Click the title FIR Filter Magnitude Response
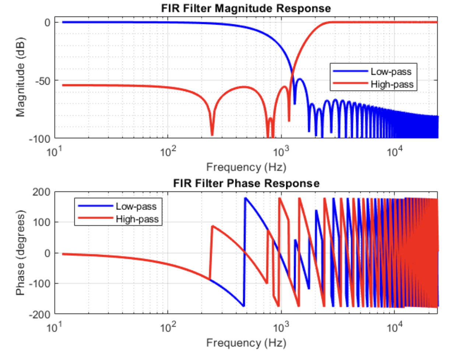pyautogui.click(x=246, y=8)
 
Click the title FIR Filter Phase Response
pyautogui.click(x=246, y=183)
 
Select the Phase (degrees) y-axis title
pyautogui.click(x=21, y=253)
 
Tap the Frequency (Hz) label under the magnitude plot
pyautogui.click(x=246, y=167)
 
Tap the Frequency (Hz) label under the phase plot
pyautogui.click(x=246, y=343)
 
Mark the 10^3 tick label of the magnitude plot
pyautogui.click(x=281, y=150)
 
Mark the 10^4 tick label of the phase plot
pyautogui.click(x=394, y=326)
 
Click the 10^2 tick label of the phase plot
pyautogui.click(x=168, y=326)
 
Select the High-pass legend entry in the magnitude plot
pyautogui.click(x=392, y=84)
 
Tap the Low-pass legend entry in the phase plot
pyautogui.click(x=136, y=207)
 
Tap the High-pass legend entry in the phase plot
pyautogui.click(x=137, y=219)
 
